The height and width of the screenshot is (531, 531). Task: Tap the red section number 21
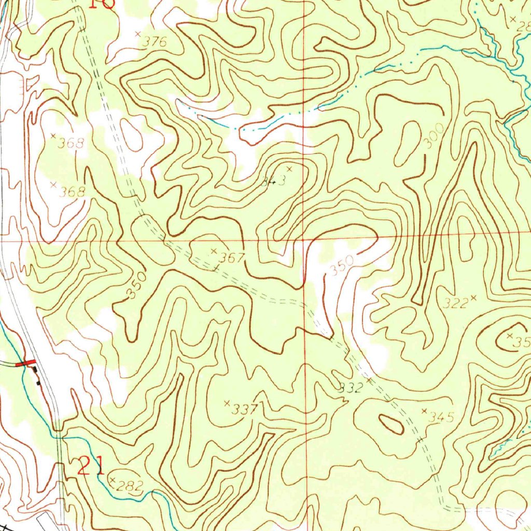91,466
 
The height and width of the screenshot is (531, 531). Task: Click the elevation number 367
231,258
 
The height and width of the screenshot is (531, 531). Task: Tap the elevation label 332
351,388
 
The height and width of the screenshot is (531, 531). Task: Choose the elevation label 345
442,417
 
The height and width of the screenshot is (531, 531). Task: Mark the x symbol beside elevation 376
138,34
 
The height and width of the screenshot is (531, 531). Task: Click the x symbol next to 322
473,298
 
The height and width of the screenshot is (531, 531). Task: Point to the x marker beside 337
226,403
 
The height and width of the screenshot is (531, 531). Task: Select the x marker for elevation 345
424,411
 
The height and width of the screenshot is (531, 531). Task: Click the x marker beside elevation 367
214,251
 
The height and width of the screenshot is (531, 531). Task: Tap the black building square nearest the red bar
34,370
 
